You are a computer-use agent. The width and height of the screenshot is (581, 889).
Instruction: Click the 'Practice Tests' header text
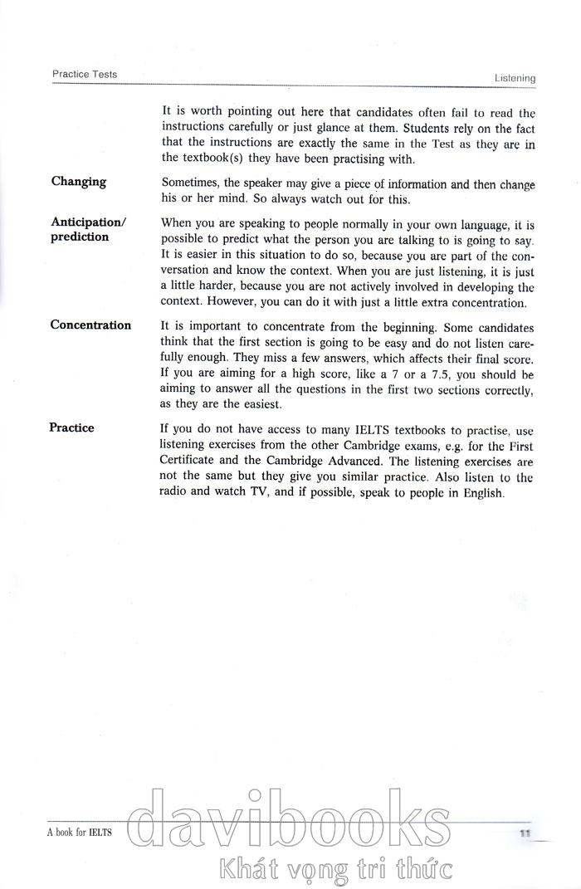85,74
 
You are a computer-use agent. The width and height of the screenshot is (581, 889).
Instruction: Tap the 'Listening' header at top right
515,78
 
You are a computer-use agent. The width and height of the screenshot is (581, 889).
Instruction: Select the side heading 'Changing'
79,182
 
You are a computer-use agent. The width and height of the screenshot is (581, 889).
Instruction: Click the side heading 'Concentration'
90,325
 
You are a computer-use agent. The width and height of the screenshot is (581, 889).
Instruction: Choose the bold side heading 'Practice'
72,428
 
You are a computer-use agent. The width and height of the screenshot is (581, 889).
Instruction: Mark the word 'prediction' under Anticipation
80,237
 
